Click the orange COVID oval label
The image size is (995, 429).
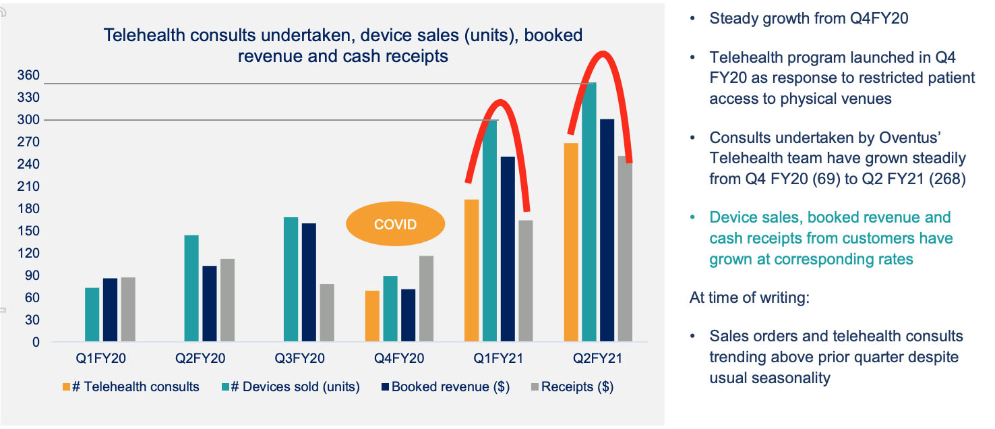(396, 225)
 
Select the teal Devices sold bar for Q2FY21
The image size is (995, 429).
(589, 212)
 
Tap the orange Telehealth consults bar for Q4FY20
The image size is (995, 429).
(372, 316)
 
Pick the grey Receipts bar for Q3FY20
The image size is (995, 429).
(326, 312)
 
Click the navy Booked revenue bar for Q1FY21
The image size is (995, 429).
(506, 249)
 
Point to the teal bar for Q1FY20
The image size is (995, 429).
(92, 314)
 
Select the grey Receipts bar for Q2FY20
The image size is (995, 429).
(227, 300)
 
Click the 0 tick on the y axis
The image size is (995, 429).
(36, 342)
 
